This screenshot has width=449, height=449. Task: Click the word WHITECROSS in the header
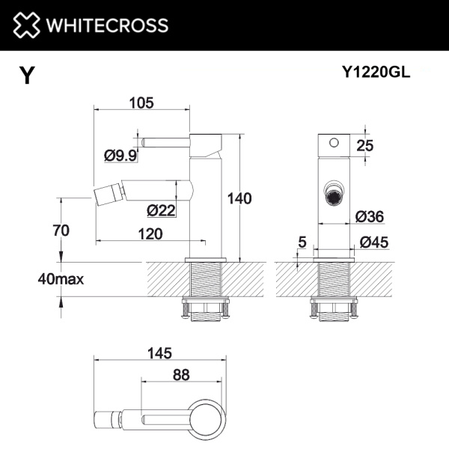108,25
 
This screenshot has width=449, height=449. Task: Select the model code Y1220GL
376,73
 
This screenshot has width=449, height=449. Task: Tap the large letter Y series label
27,76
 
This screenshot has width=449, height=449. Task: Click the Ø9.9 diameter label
120,156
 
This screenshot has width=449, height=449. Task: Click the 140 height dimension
239,198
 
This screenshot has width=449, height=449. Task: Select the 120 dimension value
150,233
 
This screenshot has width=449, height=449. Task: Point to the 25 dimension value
365,146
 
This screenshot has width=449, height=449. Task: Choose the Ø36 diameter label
370,216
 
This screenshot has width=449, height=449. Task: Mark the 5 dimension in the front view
302,241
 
